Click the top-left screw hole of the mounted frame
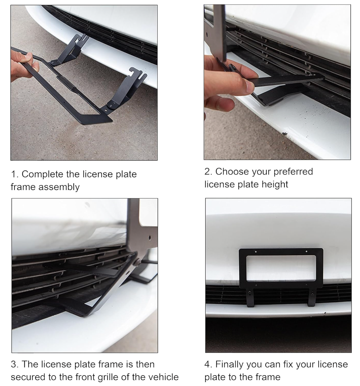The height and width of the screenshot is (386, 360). (256, 252)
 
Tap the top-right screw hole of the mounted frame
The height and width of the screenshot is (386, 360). (306, 252)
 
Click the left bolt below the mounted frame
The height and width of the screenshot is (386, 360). (249, 293)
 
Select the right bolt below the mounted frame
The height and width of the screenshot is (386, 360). (312, 294)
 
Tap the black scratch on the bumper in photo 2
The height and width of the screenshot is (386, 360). (285, 134)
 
